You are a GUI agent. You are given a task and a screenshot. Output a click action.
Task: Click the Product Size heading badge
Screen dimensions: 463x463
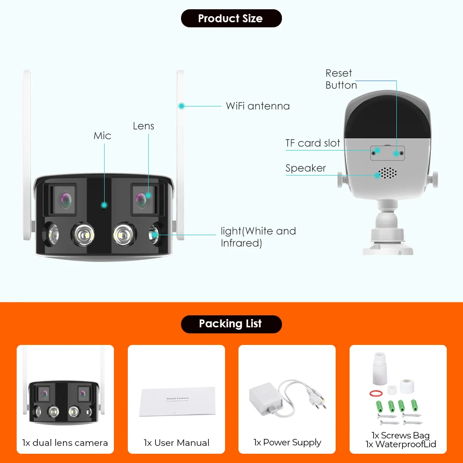click(231, 19)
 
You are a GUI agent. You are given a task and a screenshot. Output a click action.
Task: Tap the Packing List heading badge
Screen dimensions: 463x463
click(231, 324)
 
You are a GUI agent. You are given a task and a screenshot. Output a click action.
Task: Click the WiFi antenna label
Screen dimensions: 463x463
click(257, 106)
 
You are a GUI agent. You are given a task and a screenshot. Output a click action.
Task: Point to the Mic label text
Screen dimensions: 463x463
click(102, 136)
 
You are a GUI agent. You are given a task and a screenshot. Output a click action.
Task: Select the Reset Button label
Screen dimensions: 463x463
click(341, 79)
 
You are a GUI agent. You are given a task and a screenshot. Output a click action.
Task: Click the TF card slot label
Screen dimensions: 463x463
click(313, 143)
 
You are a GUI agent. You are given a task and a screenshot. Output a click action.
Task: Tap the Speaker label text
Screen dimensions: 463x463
click(306, 168)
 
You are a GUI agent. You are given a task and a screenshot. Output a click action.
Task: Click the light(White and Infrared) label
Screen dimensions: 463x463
click(258, 237)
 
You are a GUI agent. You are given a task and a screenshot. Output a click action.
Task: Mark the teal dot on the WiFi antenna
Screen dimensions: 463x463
click(181, 106)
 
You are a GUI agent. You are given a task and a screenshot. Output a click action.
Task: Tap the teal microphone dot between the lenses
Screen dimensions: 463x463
click(105, 205)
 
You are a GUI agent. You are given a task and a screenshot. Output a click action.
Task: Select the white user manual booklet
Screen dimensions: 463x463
click(177, 401)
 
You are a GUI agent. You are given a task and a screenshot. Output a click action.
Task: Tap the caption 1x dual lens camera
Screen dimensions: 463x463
click(65, 443)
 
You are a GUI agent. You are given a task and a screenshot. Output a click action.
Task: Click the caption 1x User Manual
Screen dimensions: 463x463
click(176, 443)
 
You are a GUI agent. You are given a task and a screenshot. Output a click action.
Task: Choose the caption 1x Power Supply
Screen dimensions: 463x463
click(287, 443)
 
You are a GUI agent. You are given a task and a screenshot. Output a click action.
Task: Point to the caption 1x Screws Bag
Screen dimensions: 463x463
click(400, 435)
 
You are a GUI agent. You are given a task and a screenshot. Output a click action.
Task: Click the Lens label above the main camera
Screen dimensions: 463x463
click(143, 126)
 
